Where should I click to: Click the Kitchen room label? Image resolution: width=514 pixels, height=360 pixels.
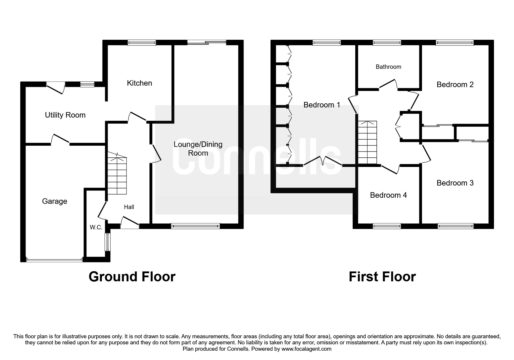(x=139, y=83)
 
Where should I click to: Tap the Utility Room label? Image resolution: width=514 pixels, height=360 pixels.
(x=65, y=115)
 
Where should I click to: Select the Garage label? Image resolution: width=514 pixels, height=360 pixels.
(x=55, y=201)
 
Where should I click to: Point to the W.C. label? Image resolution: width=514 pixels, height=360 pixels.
(x=96, y=227)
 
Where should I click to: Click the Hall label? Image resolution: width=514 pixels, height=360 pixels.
(x=129, y=207)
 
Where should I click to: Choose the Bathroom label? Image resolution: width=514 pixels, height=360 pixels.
(x=388, y=67)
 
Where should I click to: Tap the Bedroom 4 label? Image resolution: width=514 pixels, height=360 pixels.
(x=388, y=195)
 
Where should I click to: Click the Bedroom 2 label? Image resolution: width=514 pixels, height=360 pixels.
(x=455, y=84)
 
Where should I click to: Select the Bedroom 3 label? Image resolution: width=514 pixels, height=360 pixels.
(x=455, y=183)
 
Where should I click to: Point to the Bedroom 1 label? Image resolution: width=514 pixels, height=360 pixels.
(x=322, y=105)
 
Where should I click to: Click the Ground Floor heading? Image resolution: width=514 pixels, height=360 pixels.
(x=132, y=277)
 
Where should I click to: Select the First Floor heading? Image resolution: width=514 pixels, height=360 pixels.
(x=382, y=277)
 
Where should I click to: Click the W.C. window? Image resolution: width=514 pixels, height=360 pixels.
(x=108, y=242)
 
